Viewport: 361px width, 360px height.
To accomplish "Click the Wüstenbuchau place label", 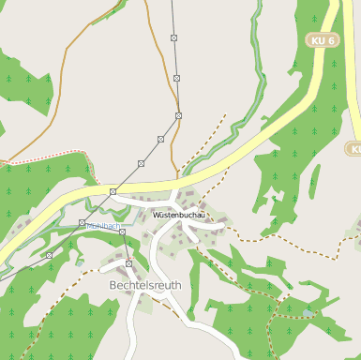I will pos(177,216).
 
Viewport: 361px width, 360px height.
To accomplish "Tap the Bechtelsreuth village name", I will pos(144,283).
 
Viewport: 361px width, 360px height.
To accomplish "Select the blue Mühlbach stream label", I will pos(103,226).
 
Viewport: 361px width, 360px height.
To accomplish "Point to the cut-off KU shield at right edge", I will pos(353,148).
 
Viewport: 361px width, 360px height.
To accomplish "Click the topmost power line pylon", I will pos(173,37).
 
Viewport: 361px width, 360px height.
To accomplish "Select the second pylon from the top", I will pos(176,78).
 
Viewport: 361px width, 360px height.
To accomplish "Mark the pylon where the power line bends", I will pos(178,115).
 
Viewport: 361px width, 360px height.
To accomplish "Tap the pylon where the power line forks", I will pos(113,191).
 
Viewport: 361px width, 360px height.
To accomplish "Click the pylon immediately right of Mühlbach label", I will pos(122,232).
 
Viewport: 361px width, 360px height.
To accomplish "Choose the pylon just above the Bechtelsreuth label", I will pos(128,263).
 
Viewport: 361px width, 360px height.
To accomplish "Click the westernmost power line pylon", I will pos(49,255).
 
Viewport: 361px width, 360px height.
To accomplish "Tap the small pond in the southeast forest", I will pos(309,312).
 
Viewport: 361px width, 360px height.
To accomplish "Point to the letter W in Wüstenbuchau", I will pos(156,216).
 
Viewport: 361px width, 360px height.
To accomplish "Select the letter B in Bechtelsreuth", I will pos(113,283).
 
